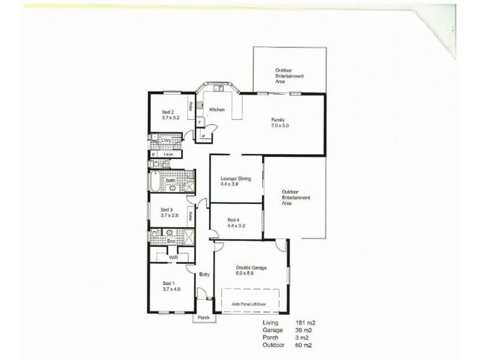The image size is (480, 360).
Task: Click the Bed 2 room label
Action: tap(168, 112)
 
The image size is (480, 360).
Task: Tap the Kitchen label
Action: tap(217, 109)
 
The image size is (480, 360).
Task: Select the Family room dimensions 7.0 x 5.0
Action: tap(280, 126)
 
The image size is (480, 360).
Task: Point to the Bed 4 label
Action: tap(233, 220)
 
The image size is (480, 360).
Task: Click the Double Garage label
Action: tap(251, 268)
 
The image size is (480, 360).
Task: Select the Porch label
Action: tap(203, 317)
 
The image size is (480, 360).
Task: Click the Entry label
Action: tap(205, 275)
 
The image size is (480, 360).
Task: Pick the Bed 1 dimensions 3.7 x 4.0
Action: tap(172, 289)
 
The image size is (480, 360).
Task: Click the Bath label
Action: tap(170, 180)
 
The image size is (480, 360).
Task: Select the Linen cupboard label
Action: tap(169, 154)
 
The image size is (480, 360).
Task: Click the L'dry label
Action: tap(167, 140)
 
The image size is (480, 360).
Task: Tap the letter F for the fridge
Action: tap(200, 122)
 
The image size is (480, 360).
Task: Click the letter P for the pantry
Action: tap(204, 136)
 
